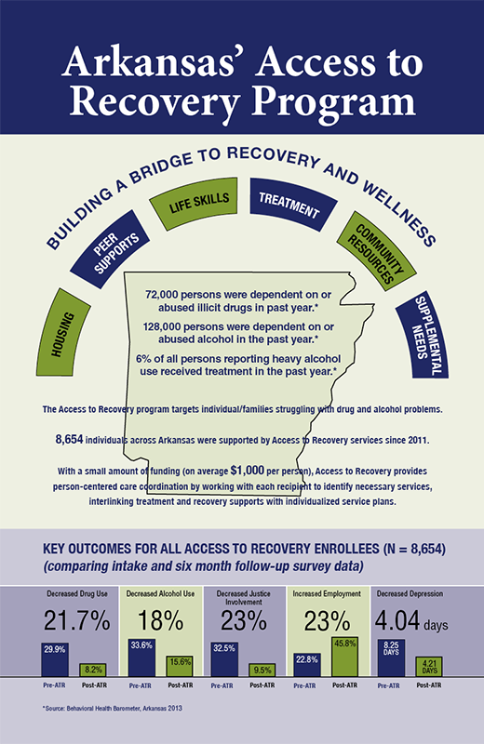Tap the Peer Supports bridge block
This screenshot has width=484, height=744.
110,248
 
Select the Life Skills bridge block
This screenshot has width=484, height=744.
195,203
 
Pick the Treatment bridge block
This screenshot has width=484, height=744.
292,204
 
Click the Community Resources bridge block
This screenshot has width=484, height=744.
376,251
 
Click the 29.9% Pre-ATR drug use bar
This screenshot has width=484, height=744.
55,659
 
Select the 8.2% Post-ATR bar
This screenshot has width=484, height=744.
93,670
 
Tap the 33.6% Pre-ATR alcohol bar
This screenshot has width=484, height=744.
142,658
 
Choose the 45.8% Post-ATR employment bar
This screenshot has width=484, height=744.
344,658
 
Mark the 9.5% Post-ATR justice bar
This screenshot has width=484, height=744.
262,670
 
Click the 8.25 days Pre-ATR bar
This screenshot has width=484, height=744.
391,658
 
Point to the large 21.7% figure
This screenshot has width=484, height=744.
77,620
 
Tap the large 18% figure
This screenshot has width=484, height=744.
160,620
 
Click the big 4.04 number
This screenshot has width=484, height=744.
397,620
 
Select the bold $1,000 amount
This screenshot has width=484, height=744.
247,471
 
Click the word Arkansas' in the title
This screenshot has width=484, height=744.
147,62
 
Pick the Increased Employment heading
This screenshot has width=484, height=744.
327,593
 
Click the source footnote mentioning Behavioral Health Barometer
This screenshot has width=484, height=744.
112,709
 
